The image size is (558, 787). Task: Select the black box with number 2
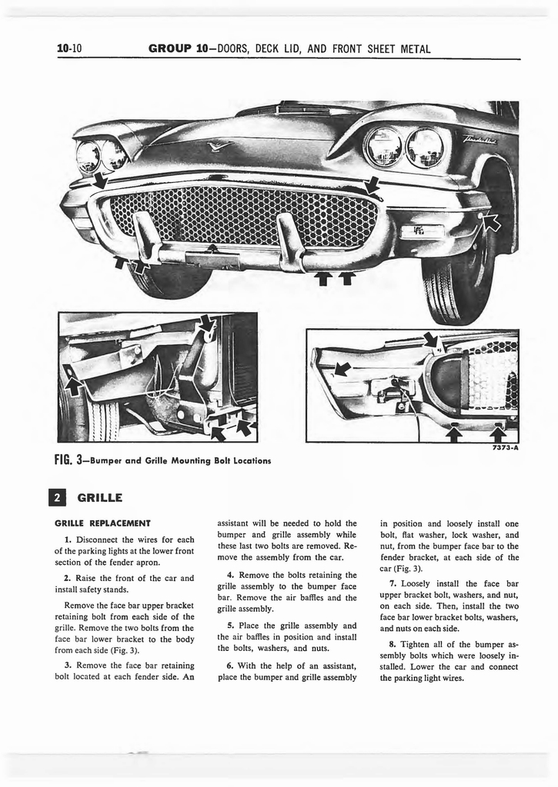64,497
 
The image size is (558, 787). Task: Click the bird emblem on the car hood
220,144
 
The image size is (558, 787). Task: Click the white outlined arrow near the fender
490,224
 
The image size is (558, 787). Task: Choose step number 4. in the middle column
230,575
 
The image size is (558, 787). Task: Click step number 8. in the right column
393,644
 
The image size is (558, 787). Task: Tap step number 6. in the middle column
230,665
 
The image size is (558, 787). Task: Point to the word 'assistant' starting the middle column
239,523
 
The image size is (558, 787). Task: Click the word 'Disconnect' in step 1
99,538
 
